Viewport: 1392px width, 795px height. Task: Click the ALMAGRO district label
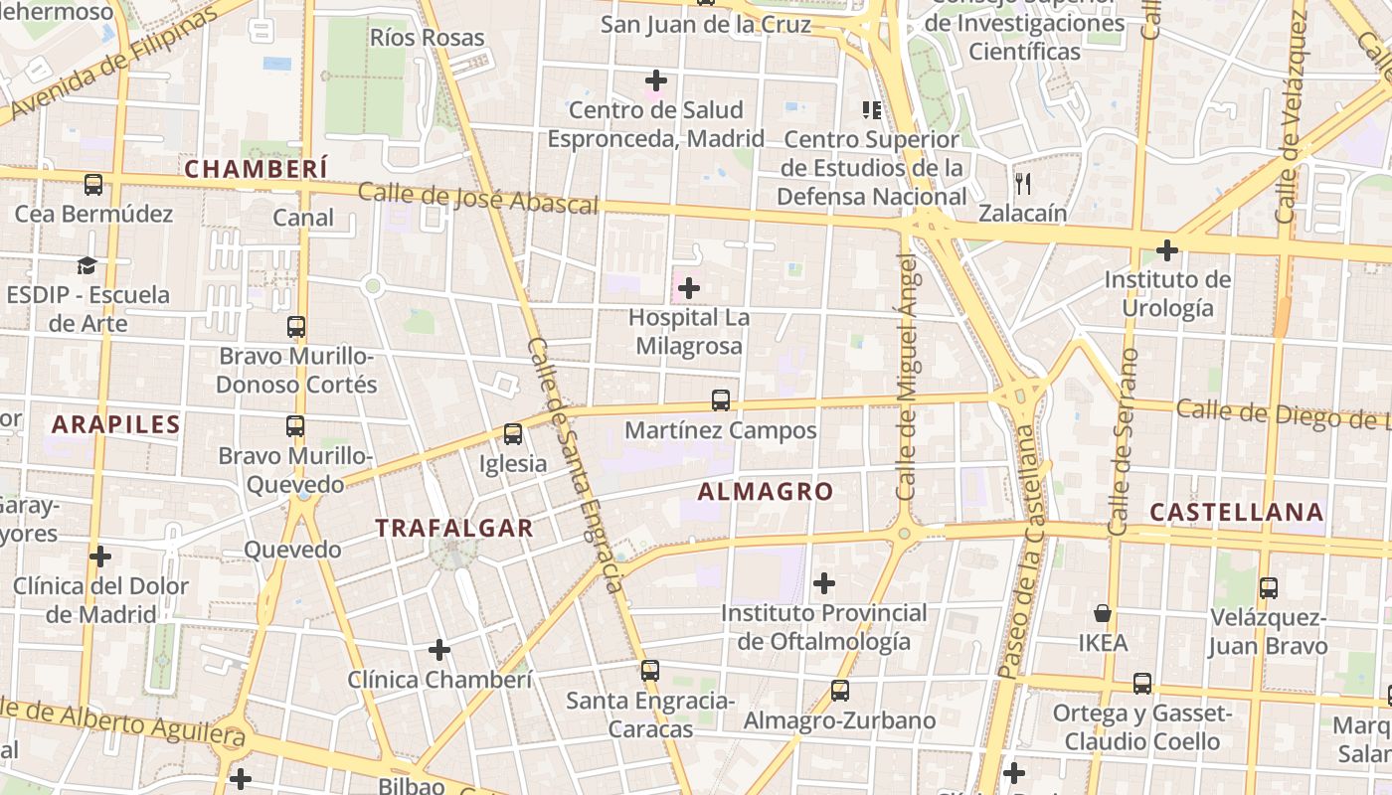pos(765,491)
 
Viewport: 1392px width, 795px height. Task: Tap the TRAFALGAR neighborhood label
pos(454,528)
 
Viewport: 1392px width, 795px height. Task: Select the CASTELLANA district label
pos(1236,512)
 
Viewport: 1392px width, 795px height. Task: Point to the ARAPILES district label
pos(116,425)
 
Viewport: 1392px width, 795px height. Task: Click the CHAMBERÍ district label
pos(256,169)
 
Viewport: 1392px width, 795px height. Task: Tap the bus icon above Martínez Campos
pos(721,400)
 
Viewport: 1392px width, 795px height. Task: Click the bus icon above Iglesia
pos(513,434)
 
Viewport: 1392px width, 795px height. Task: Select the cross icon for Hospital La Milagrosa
pos(688,289)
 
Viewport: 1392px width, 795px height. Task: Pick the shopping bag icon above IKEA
pos(1103,612)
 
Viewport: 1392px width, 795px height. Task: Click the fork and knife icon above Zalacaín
pos(1022,183)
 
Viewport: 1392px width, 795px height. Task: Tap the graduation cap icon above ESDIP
pos(87,265)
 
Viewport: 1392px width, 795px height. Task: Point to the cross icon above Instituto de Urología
pos(1167,249)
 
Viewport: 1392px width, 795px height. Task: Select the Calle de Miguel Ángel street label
pos(906,378)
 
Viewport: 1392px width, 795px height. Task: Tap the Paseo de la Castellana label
pos(1025,554)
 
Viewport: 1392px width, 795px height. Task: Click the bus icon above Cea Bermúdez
pos(93,184)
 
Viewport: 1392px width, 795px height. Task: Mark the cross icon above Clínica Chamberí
pos(439,650)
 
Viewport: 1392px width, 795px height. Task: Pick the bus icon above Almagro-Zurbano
pos(840,690)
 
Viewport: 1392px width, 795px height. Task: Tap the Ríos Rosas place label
pos(427,38)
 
